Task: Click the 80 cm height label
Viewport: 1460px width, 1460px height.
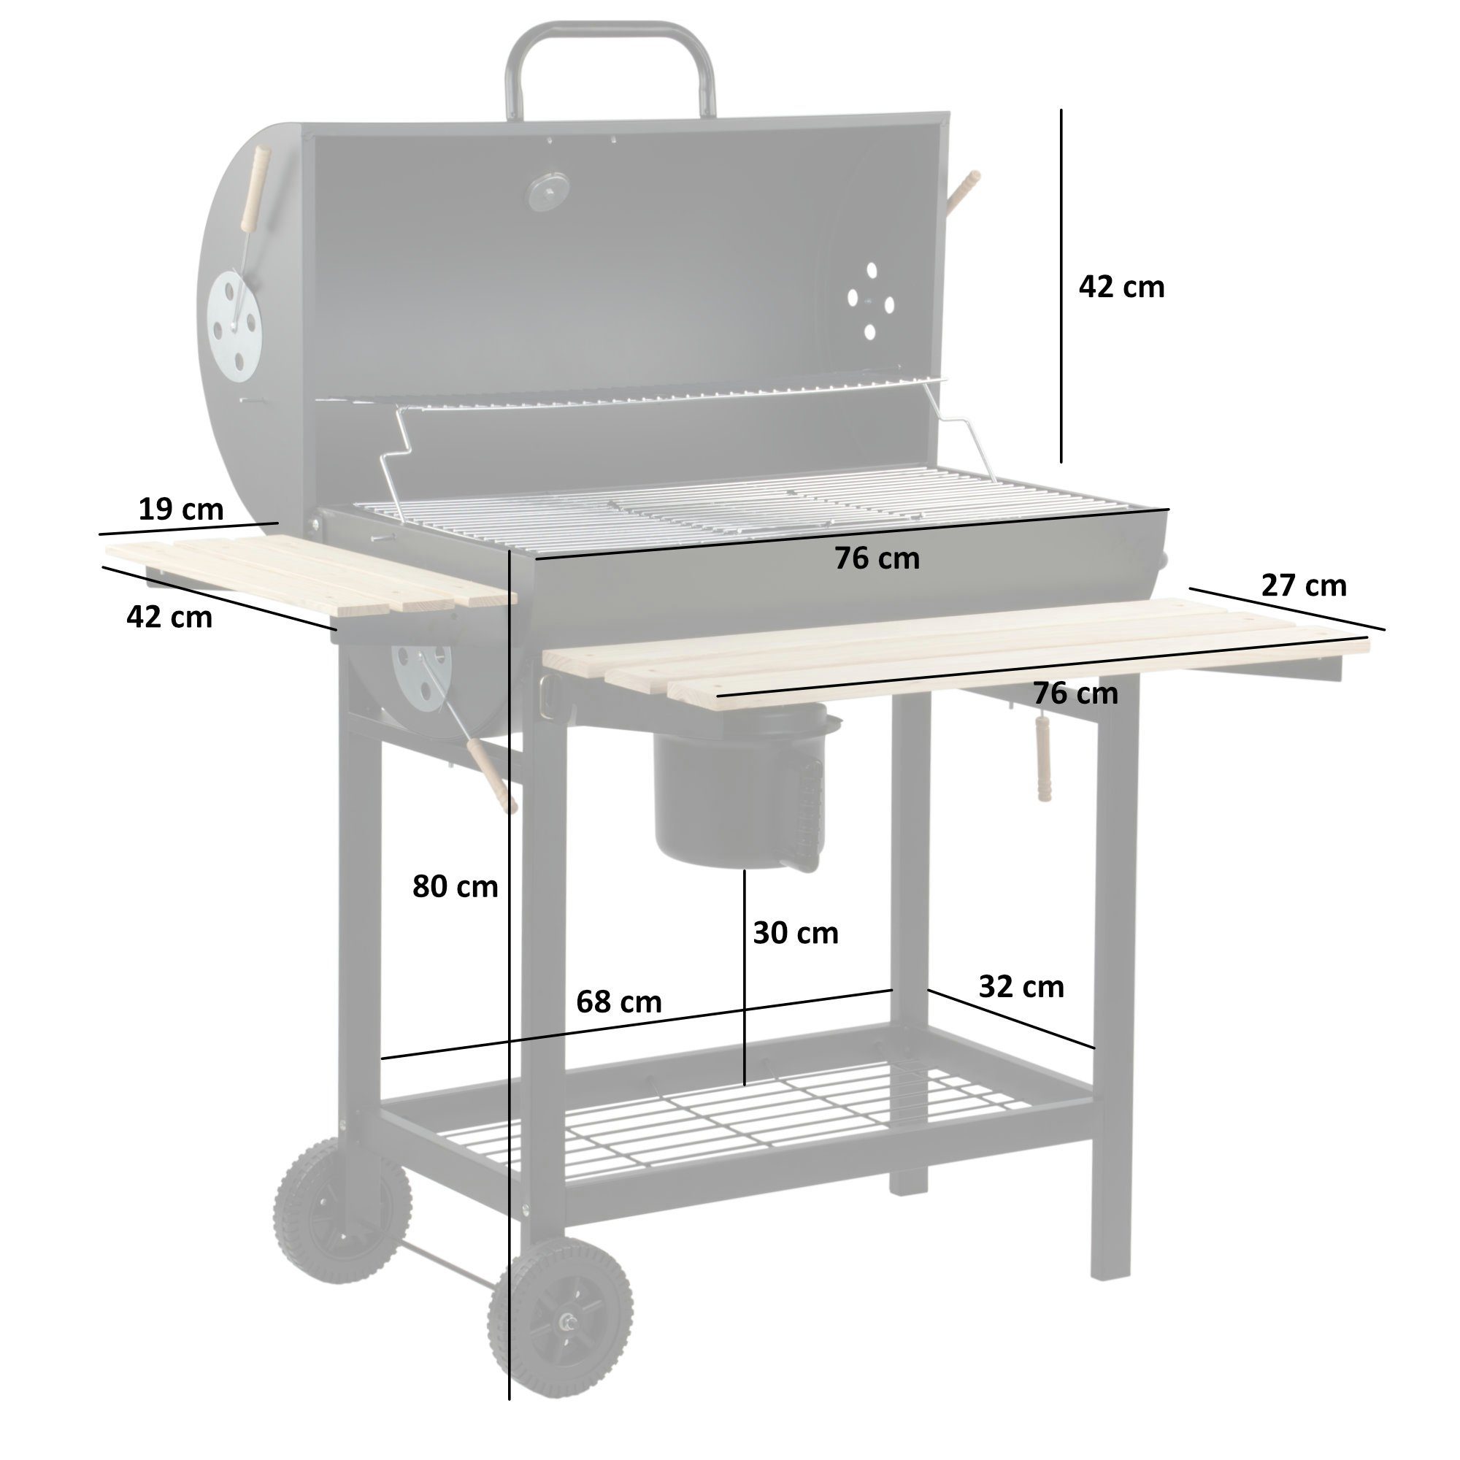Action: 455,886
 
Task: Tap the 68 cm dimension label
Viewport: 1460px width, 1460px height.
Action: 618,1003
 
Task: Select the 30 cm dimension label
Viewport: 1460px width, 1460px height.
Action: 795,933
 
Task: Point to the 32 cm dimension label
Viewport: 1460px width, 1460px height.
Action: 1021,987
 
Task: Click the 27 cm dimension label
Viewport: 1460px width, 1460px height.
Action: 1304,585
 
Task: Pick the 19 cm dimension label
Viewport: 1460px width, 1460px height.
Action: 180,510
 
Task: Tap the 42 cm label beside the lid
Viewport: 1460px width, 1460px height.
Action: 1121,287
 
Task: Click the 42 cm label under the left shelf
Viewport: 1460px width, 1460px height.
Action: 169,618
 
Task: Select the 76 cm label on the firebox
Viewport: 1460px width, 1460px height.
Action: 877,558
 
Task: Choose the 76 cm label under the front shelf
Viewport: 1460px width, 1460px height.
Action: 1075,693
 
